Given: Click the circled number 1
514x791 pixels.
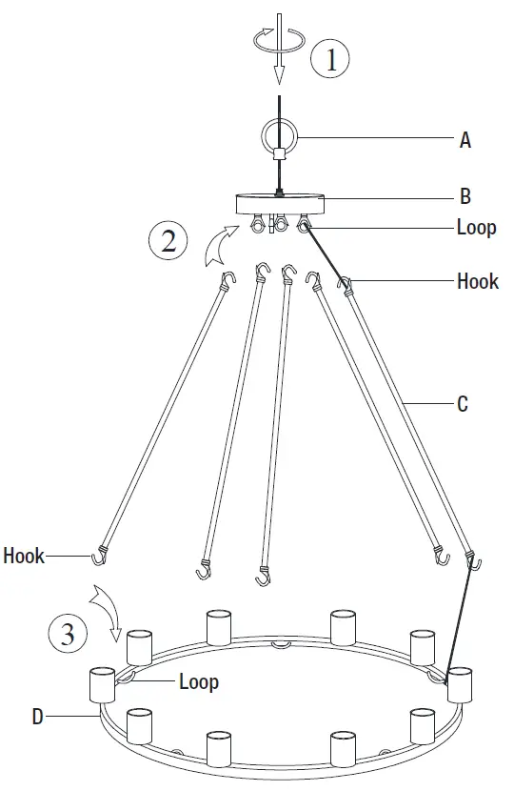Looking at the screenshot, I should coord(330,60).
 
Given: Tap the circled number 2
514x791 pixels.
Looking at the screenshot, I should coord(168,241).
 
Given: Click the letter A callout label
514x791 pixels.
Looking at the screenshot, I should coord(465,140).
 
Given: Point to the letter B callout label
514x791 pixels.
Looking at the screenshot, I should coord(465,197).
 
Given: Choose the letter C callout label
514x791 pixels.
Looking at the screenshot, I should coord(463,404).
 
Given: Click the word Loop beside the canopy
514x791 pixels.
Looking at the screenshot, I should coord(477,229).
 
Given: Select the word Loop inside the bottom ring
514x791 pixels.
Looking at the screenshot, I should coord(198,681).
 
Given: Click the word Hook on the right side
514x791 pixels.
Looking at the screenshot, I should coord(478,281).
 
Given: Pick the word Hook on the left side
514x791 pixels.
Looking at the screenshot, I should coord(24,555).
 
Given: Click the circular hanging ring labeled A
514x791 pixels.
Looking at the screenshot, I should coord(279,135).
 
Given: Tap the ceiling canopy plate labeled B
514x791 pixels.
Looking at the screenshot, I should coord(280,203).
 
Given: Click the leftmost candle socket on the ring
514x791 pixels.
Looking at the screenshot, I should coord(102,684).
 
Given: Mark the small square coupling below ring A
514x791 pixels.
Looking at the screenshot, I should coord(279,154).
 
